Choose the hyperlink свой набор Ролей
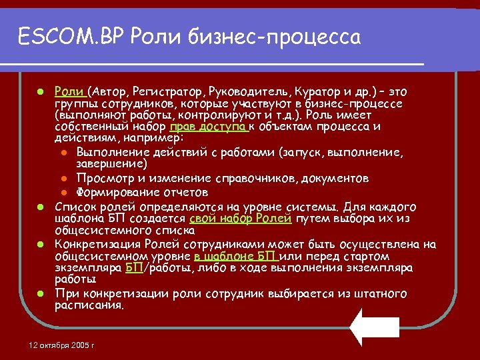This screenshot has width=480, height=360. [x=241, y=218]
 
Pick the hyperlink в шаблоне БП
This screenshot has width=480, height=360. [x=236, y=256]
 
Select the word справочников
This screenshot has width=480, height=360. [x=257, y=178]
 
